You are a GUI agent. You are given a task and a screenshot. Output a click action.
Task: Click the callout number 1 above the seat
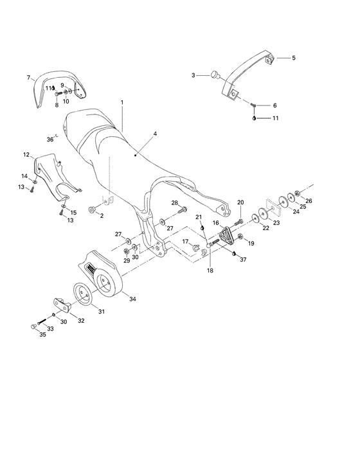coord(122,102)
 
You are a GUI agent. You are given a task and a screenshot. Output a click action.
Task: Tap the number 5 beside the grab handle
coord(294,58)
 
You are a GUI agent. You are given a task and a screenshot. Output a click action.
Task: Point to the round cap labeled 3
coord(215,75)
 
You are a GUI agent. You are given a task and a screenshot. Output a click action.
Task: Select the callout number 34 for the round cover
coord(132,299)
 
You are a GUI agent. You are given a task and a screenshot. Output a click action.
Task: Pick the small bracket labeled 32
coord(63,304)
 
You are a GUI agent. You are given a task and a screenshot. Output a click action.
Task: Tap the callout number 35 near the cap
coord(43,334)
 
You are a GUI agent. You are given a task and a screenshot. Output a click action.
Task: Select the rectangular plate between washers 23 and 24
coord(273,205)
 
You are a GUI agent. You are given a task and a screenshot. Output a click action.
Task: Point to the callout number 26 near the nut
coord(309,201)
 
